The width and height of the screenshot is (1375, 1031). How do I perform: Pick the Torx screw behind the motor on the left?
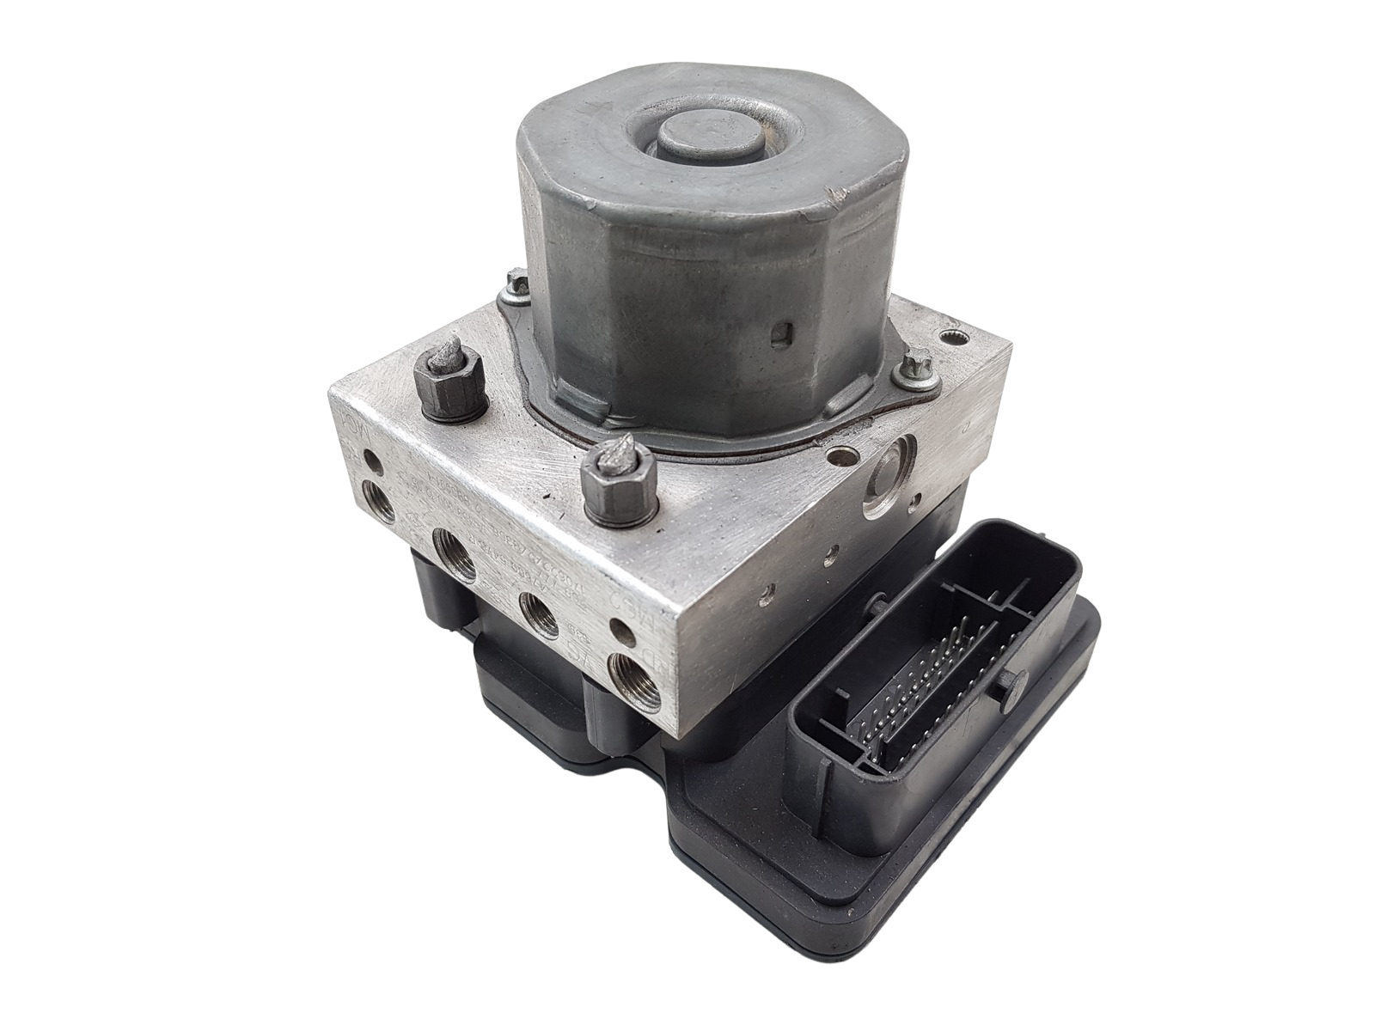[518, 282]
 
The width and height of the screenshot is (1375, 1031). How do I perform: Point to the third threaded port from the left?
[541, 612]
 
